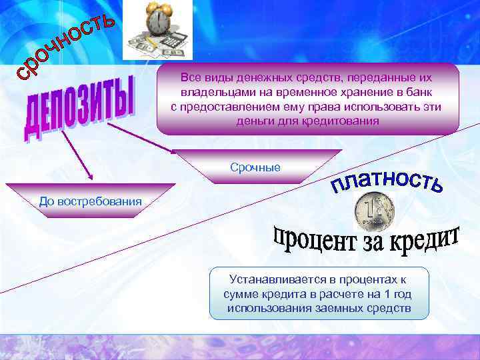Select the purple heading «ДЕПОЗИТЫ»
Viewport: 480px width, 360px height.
pos(79,110)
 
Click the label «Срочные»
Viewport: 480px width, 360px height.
pos(255,166)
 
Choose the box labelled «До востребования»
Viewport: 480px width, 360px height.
pos(91,201)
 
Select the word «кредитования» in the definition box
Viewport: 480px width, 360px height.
pos(341,121)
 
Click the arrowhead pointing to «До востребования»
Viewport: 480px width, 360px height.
pos(89,179)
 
